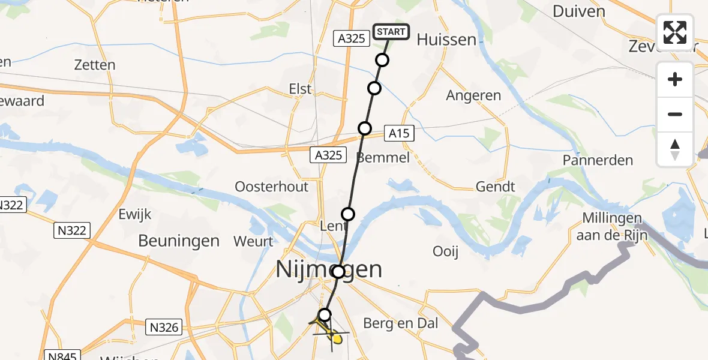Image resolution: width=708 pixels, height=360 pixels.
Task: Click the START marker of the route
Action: [391, 32]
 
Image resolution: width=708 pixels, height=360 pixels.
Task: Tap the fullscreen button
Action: [675, 32]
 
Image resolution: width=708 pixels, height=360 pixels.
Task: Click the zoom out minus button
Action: [675, 114]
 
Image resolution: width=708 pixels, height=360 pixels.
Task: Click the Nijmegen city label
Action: [329, 269]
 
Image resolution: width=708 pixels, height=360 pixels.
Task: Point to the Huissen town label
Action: [446, 40]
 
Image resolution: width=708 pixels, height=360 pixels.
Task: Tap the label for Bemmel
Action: [383, 158]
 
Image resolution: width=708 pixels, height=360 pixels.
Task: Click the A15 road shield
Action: [398, 133]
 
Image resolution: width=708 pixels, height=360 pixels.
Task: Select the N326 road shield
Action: [163, 327]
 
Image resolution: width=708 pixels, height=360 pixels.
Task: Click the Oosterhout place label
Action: [272, 187]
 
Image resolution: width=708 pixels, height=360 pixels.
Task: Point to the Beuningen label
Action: [179, 241]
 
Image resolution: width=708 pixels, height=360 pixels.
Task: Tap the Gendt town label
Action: [495, 187]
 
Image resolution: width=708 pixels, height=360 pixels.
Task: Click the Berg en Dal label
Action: [401, 324]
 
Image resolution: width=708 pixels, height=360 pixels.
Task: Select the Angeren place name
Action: [473, 95]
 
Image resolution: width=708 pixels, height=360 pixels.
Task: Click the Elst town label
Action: [300, 89]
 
